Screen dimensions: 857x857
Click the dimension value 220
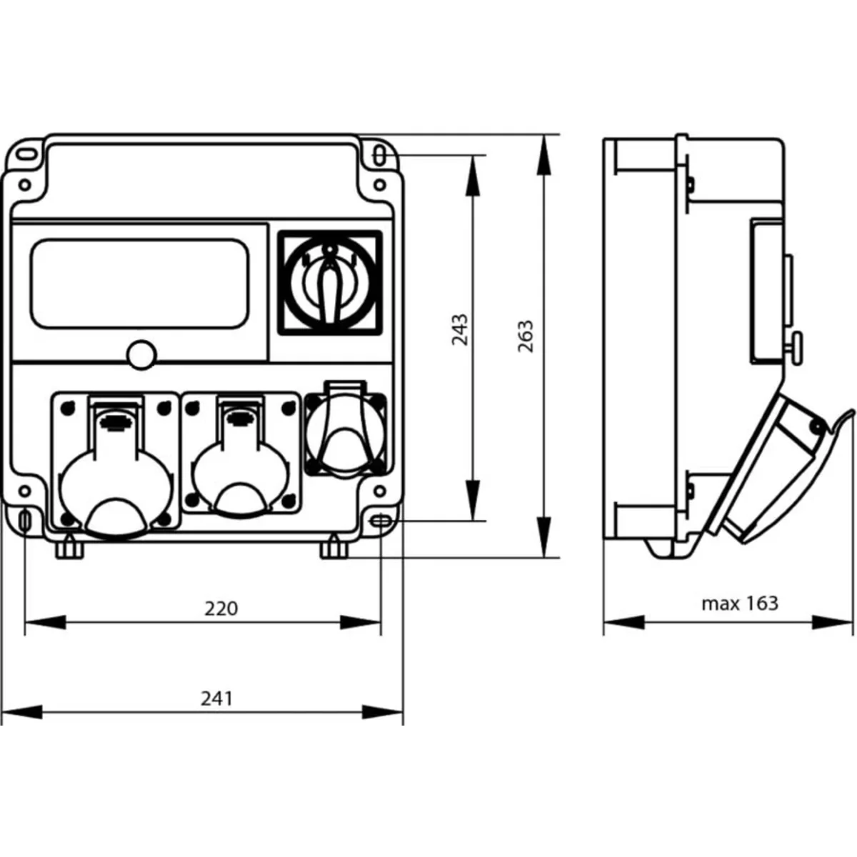point(221,608)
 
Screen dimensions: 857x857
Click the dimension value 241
point(216,697)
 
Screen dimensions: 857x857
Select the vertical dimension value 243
point(461,330)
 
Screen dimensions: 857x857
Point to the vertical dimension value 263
point(525,336)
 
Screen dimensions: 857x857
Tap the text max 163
point(739,603)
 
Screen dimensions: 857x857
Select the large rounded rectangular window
point(140,284)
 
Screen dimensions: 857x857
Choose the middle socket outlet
point(241,457)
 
